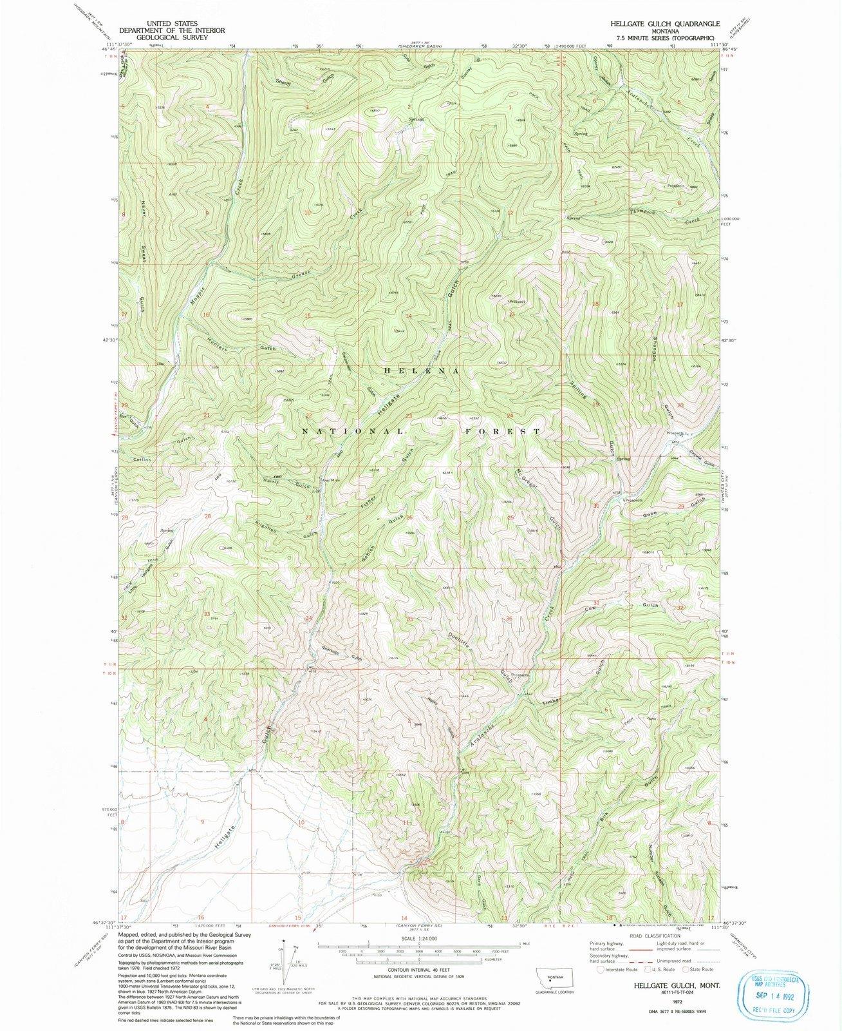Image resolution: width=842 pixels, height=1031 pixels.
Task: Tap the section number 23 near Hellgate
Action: pos(408,416)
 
